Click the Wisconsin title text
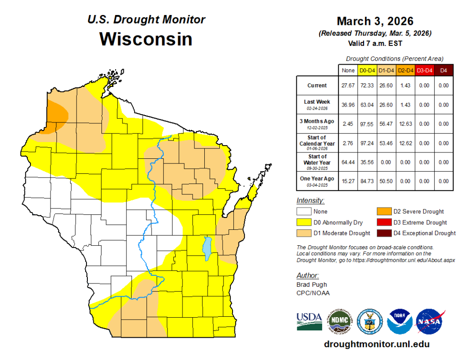point(146,39)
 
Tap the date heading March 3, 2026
point(375,21)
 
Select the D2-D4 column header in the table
point(405,71)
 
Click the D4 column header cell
point(444,71)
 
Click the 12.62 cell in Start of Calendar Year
point(405,143)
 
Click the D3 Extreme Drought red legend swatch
point(383,223)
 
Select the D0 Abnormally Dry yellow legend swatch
point(304,223)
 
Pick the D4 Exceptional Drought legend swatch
point(383,233)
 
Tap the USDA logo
point(309,321)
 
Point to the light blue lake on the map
point(208,248)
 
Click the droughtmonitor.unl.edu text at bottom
point(376,345)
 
